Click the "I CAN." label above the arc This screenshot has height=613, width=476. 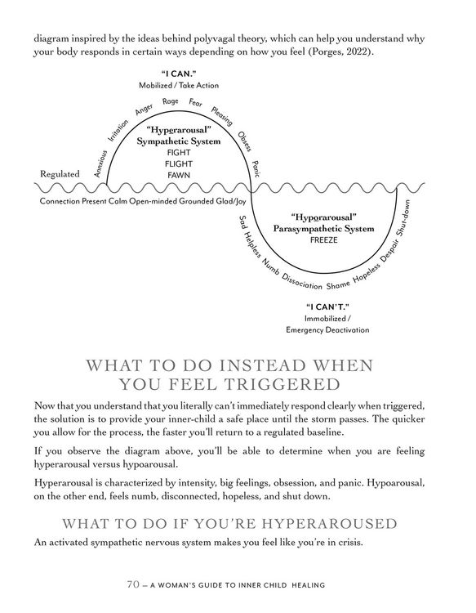(x=178, y=73)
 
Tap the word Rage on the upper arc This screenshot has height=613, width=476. (x=170, y=101)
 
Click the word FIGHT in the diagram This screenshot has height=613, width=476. (x=178, y=152)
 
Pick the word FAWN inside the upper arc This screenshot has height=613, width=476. (x=178, y=175)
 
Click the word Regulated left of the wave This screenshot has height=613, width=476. (x=60, y=174)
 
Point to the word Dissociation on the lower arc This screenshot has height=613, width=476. (x=301, y=280)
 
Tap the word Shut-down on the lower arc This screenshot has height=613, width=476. (x=403, y=218)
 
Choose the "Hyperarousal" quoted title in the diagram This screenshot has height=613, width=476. (x=178, y=130)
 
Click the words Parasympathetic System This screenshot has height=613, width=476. (x=323, y=229)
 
